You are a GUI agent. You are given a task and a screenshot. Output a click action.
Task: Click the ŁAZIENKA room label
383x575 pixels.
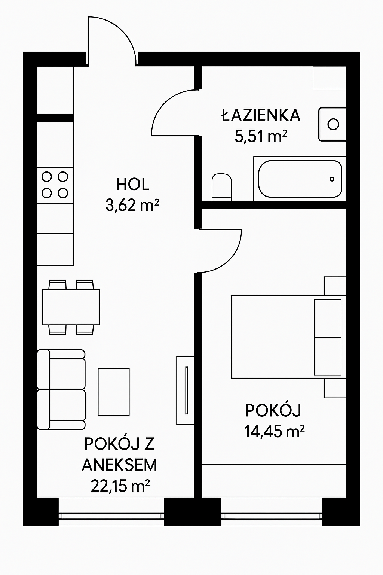click(x=261, y=115)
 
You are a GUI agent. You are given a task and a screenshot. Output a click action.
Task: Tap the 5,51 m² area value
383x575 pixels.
click(x=261, y=136)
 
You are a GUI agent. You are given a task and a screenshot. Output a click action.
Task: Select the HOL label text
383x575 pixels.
click(x=132, y=185)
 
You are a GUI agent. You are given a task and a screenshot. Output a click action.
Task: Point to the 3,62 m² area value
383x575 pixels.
click(x=132, y=206)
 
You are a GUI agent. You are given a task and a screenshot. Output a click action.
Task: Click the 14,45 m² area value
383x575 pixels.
click(x=274, y=432)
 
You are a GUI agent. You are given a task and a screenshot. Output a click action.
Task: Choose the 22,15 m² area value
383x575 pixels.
click(x=120, y=486)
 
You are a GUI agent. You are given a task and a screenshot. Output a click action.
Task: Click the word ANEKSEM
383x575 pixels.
click(x=119, y=465)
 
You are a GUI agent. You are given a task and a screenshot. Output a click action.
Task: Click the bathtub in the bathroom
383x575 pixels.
click(x=300, y=179)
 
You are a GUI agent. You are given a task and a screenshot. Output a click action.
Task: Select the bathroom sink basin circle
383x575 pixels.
click(x=333, y=124)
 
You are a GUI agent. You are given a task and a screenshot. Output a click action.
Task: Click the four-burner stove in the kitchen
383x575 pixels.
click(x=55, y=185)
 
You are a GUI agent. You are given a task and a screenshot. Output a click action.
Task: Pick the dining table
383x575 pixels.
click(x=71, y=307)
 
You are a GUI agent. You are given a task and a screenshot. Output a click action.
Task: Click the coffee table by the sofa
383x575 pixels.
click(x=114, y=392)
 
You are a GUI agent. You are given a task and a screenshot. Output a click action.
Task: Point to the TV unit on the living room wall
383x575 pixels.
click(x=185, y=390)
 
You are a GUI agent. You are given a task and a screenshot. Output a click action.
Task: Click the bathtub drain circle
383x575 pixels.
click(x=332, y=179)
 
